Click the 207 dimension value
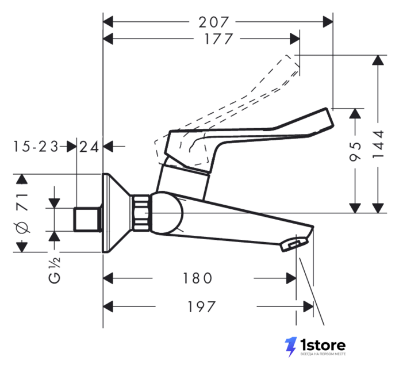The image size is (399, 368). coord(214,22)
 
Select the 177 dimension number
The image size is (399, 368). coord(218,39)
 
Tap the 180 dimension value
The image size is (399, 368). coord(197,278)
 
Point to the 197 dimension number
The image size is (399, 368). coord(202,306)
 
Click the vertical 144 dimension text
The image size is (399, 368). coord(378,144)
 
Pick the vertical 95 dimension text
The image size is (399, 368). coord(355,151)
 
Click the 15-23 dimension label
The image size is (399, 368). coord(36,147)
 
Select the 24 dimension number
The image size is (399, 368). coord(89,147)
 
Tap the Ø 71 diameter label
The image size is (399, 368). coord(22,213)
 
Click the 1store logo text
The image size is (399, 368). coord(323,345)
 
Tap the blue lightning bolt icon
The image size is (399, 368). coord(290,347)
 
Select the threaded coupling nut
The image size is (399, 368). coord(140,213)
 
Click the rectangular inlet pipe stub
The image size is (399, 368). coord(87,220)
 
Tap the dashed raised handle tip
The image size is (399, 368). coord(292,62)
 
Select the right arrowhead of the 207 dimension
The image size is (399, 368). coord(328,22)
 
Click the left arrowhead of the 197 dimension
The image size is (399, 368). coord(108,306)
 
